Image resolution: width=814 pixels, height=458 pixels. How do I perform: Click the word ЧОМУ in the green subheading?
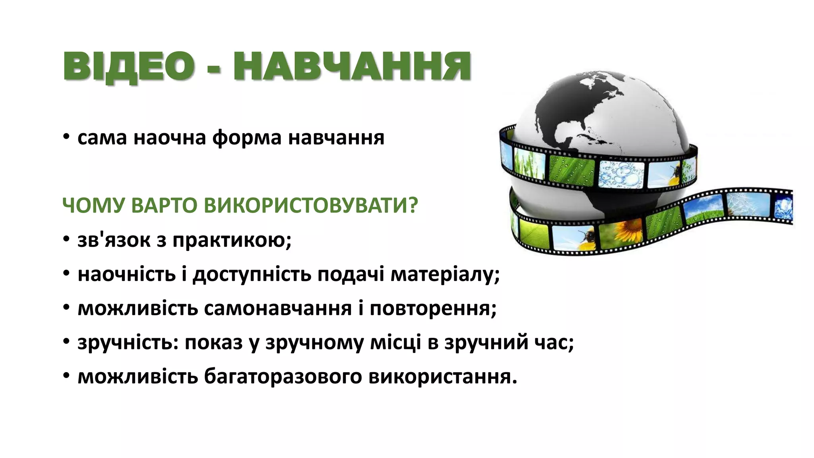[94, 206]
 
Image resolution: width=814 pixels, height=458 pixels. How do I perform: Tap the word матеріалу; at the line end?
[445, 274]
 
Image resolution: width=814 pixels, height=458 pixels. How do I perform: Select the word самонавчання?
[278, 309]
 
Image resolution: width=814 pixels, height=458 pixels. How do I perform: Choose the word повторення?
[433, 309]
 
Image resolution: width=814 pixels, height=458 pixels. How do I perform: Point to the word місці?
[395, 342]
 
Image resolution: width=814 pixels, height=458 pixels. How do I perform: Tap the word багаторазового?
[283, 376]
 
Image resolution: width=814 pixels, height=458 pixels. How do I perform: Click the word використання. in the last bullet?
[443, 376]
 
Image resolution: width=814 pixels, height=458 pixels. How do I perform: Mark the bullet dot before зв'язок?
[66, 240]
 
